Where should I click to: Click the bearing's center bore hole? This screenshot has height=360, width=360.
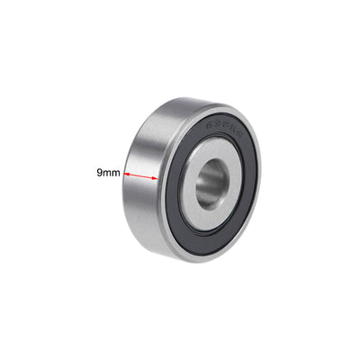point(210,183)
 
